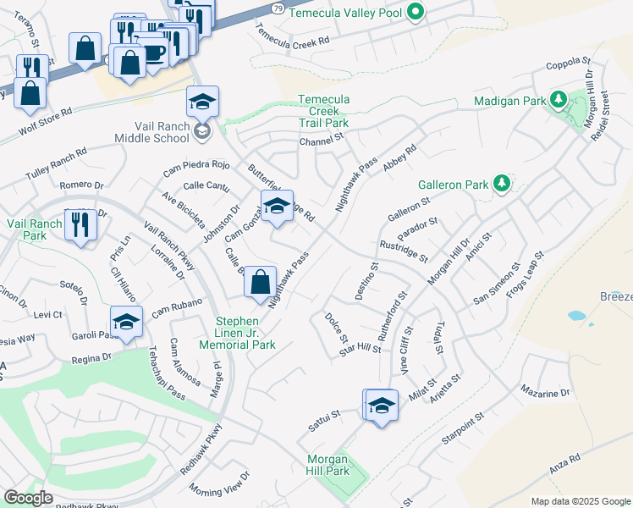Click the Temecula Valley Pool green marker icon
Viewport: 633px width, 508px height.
(x=415, y=12)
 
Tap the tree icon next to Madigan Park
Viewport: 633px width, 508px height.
(x=558, y=100)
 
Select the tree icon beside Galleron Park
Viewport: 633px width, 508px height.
(x=501, y=183)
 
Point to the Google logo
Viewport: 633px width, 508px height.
(x=28, y=498)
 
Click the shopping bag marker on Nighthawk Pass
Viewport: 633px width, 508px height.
(x=261, y=282)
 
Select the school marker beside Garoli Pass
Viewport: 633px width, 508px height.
(x=125, y=323)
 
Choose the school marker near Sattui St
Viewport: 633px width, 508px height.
(x=382, y=406)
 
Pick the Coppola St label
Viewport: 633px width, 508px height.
(x=567, y=62)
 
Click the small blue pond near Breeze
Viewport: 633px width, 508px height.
(x=577, y=316)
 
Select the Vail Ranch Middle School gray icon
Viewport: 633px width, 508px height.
(x=202, y=130)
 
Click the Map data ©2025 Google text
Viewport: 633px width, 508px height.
(x=580, y=501)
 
